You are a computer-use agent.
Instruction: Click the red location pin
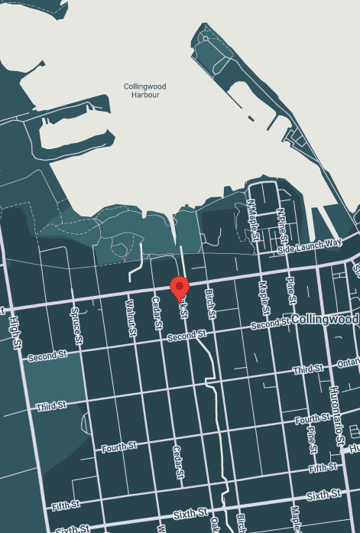pyautogui.click(x=180, y=288)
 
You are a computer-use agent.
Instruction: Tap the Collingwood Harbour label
pyautogui.click(x=145, y=91)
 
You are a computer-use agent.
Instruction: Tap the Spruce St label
pyautogui.click(x=76, y=323)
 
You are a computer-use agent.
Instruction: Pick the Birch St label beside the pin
pyautogui.click(x=211, y=304)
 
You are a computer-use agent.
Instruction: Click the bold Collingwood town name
pyautogui.click(x=325, y=319)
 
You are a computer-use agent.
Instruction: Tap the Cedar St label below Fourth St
pyautogui.click(x=178, y=463)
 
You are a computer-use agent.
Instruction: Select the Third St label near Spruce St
pyautogui.click(x=51, y=405)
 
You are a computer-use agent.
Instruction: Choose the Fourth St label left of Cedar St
pyautogui.click(x=121, y=445)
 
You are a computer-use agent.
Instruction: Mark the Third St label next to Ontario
pyautogui.click(x=310, y=370)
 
